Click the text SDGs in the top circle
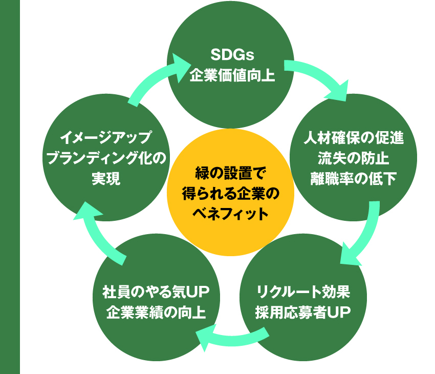coord(232,55)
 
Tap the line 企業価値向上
coord(232,75)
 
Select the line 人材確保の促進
coord(354,138)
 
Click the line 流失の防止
coord(354,158)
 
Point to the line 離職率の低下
coord(354,178)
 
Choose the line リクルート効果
coord(303,292)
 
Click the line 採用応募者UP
coord(303,312)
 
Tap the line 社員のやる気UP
coord(156,292)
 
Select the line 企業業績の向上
coord(156,312)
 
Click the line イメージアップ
coord(106,138)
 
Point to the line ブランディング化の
coord(106,158)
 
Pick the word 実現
coord(106,178)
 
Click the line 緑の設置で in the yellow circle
coord(230,173)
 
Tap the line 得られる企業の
coord(230,194)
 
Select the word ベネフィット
coord(230,214)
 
